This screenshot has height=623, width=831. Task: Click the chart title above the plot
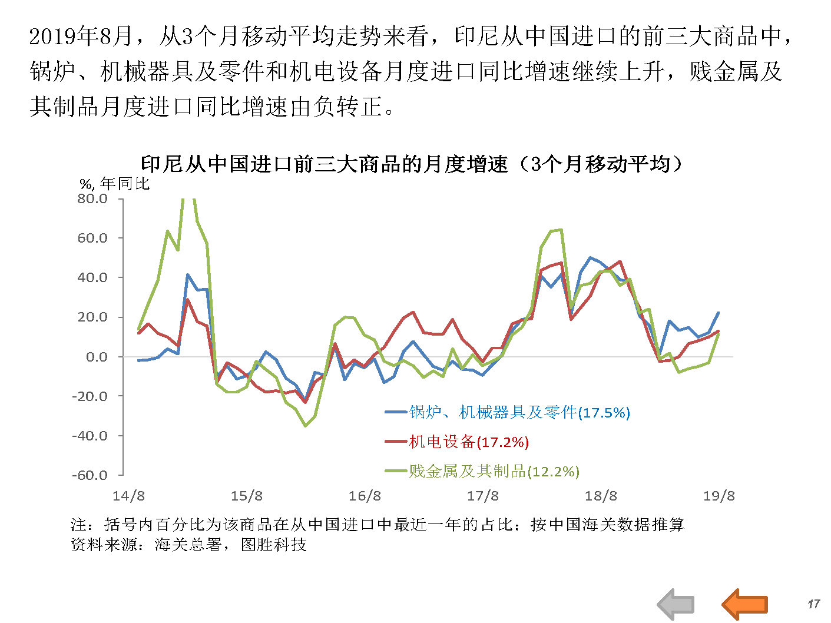412,164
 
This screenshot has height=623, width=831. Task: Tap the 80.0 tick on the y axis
92,199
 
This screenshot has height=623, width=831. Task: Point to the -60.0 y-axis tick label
90,475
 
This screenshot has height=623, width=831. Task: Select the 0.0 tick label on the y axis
97,357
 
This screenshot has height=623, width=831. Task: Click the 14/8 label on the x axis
128,496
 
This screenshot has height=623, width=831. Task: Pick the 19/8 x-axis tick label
719,496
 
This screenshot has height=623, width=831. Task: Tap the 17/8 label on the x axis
483,496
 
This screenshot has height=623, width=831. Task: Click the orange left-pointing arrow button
745,604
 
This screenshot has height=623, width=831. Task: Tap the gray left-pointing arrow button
676,604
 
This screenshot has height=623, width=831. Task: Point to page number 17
813,604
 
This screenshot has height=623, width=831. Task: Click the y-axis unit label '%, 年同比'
115,184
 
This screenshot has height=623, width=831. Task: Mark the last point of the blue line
718,313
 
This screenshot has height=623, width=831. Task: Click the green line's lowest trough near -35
305,426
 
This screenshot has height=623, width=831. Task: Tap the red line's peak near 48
620,261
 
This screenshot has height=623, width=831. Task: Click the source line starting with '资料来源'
188,544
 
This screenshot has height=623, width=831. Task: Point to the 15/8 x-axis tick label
247,496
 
